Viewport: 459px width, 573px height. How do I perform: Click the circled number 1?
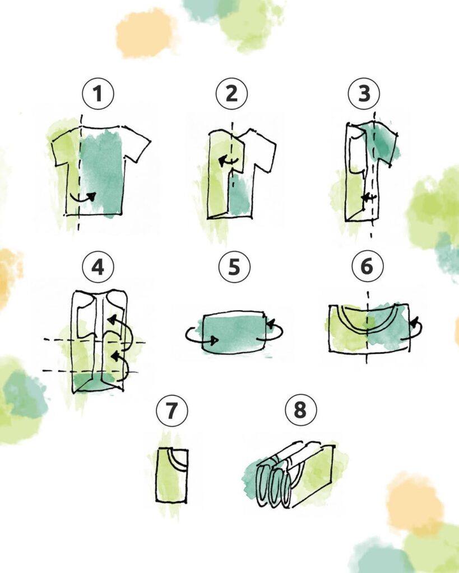pyautogui.click(x=98, y=93)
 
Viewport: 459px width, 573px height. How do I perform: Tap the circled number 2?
pyautogui.click(x=231, y=93)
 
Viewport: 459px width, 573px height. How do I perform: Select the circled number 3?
pyautogui.click(x=364, y=93)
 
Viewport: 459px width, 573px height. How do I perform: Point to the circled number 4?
pyautogui.click(x=98, y=267)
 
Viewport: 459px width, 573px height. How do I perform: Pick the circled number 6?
pyautogui.click(x=367, y=267)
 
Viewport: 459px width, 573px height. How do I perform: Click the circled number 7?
pyautogui.click(x=171, y=411)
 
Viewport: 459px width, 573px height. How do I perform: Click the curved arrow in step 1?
pyautogui.click(x=84, y=196)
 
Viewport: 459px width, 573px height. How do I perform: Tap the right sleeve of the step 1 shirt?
pyautogui.click(x=137, y=145)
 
